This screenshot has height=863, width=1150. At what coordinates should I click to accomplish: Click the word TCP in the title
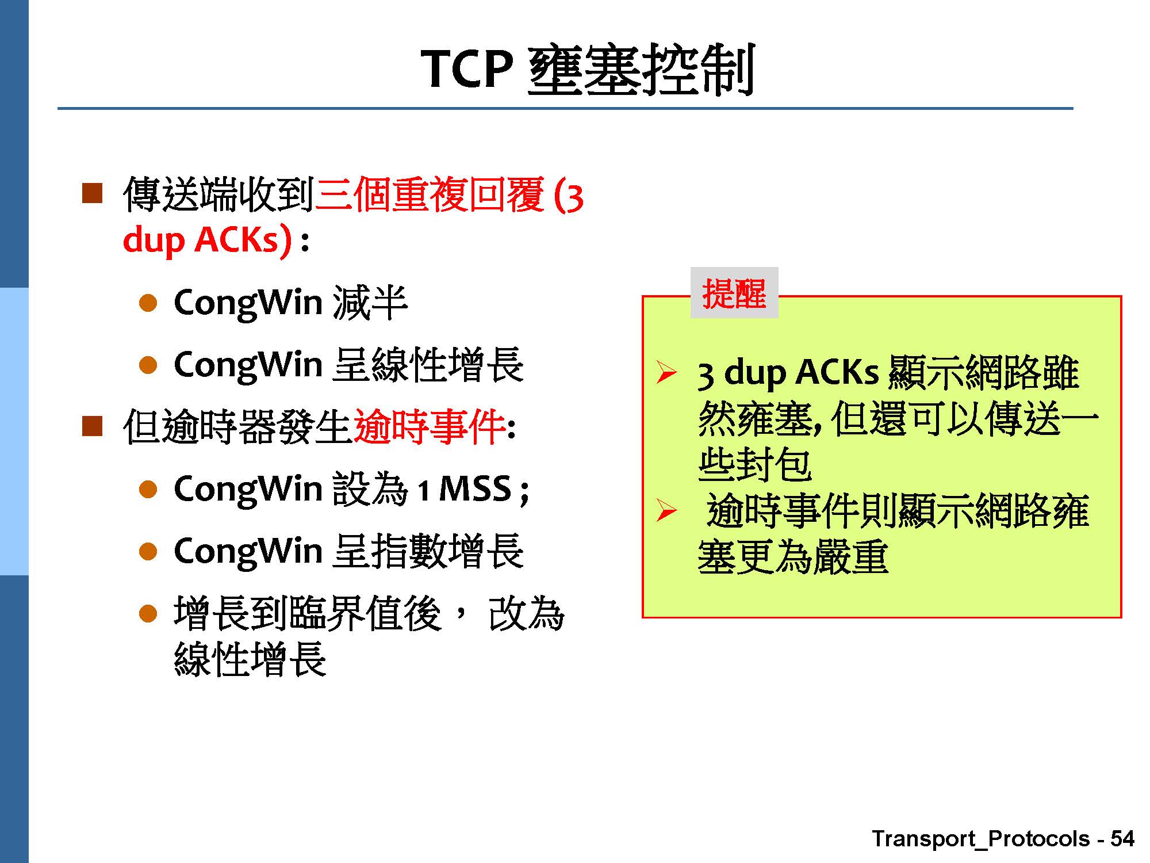coord(466,68)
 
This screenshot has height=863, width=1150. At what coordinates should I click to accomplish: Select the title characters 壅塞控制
coord(641,69)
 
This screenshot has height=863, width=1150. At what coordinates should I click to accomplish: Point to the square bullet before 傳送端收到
coord(92,194)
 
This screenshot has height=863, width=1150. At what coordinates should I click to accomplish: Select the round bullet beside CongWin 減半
coord(148,303)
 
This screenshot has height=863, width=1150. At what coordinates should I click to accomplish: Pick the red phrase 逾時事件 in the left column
coord(430,426)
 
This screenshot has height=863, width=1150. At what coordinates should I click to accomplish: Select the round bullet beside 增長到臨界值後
coord(148,614)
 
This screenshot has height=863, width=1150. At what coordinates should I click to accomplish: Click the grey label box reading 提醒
coord(734,293)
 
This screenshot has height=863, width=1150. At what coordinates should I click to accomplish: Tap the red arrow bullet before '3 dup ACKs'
coord(666,373)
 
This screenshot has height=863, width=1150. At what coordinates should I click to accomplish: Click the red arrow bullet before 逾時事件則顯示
coord(666,510)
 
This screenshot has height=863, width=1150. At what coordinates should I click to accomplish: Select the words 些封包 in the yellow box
coord(754,464)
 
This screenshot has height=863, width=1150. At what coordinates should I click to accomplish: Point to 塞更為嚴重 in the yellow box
coord(793,556)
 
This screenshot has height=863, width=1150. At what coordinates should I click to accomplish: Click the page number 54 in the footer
coord(1122,838)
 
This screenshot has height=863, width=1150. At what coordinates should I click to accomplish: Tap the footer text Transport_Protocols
coord(981,839)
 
